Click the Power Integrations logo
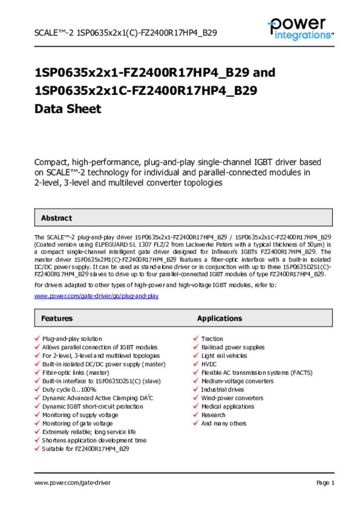300,28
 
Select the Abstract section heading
56,218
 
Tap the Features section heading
57,318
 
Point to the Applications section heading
219,318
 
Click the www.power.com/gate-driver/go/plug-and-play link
96,296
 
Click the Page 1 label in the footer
325,483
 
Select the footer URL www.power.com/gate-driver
73,483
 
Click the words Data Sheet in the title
68,109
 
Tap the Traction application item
212,339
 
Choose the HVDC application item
209,364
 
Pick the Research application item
213,415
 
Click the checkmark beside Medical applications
196,407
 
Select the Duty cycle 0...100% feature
69,390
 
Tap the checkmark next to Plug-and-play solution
37,339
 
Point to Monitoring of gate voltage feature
77,424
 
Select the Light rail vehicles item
224,356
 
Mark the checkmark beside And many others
196,424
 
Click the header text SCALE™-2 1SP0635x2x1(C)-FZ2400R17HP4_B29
125,33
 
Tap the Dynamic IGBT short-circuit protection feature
92,407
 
